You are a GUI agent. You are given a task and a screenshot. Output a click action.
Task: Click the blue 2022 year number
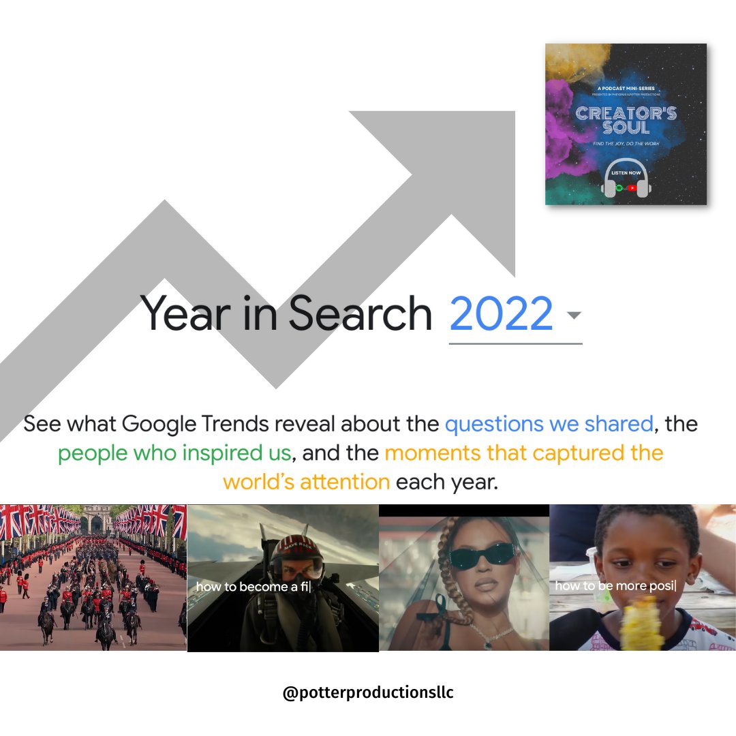click(x=501, y=313)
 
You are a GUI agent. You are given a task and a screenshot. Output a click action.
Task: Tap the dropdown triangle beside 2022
click(x=574, y=316)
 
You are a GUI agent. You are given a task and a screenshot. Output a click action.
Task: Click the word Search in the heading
click(x=360, y=314)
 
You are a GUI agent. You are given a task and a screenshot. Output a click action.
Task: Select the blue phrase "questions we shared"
click(x=549, y=424)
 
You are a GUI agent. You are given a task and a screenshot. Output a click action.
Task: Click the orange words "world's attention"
click(x=306, y=482)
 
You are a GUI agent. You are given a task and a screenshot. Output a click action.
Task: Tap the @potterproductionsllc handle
click(x=368, y=694)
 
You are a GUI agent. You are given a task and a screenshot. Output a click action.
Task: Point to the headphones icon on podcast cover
click(x=626, y=179)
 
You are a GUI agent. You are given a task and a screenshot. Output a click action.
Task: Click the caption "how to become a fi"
click(x=253, y=586)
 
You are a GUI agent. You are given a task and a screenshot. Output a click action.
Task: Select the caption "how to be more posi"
click(x=614, y=586)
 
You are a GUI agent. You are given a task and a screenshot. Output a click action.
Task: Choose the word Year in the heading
click(x=181, y=314)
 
